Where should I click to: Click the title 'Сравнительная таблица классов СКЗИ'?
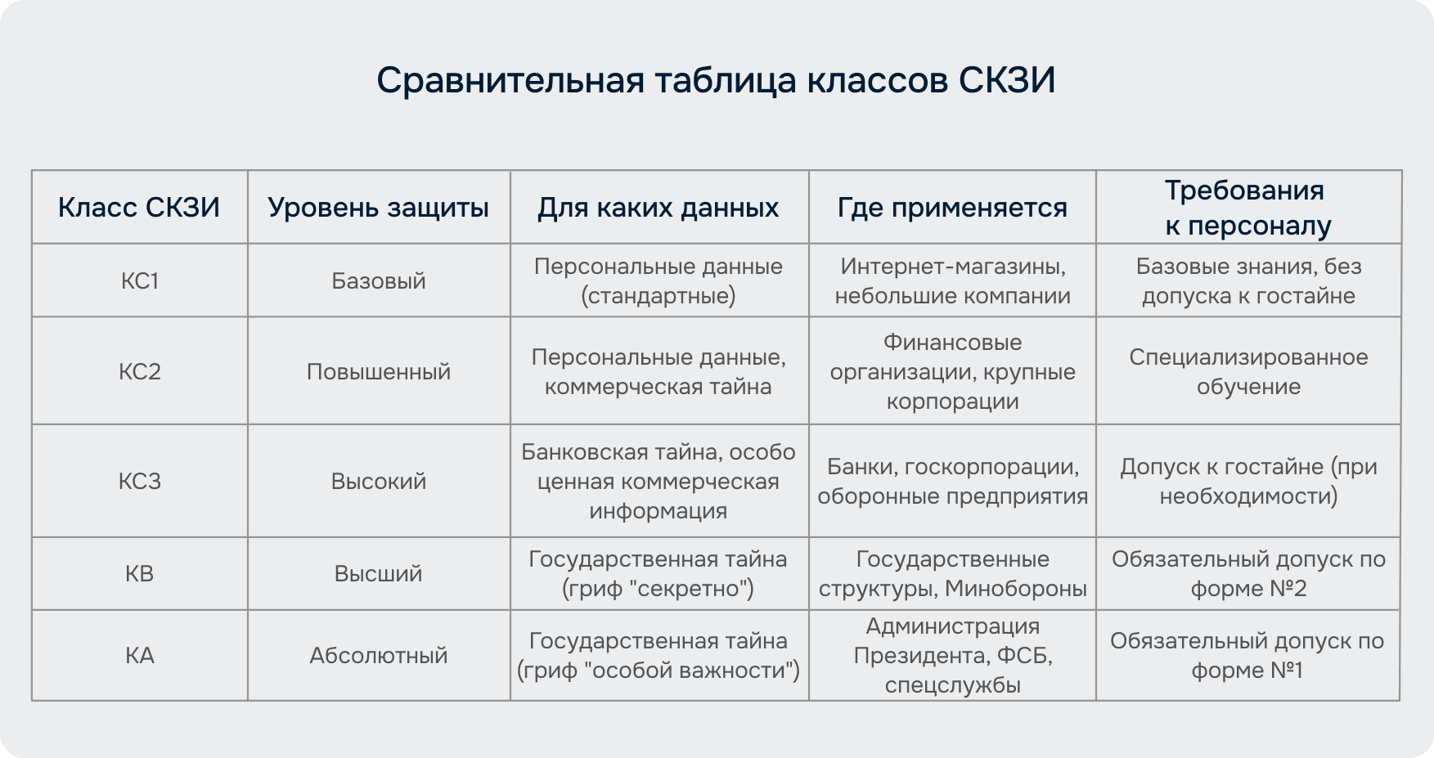[716, 81]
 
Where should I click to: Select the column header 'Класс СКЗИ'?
[139, 208]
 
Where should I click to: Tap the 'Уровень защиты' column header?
[378, 208]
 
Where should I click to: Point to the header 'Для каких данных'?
[659, 208]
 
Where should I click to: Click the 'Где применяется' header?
[952, 208]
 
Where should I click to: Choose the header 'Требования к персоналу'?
[1248, 208]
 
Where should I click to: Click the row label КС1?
[140, 281]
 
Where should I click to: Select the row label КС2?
[140, 372]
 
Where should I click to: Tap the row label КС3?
[140, 481]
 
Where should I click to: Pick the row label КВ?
[140, 574]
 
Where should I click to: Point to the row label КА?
[140, 656]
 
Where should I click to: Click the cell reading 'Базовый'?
[379, 281]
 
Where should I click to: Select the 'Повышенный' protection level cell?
[379, 372]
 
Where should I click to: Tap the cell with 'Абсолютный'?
[379, 656]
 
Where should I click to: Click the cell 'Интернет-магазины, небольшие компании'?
[953, 281]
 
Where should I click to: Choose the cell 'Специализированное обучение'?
[1248, 372]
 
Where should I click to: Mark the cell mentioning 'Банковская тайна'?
[659, 481]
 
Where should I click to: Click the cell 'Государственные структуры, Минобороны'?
[953, 574]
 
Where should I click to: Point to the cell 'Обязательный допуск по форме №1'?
[1247, 656]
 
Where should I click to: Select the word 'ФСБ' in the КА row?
[1027, 656]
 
